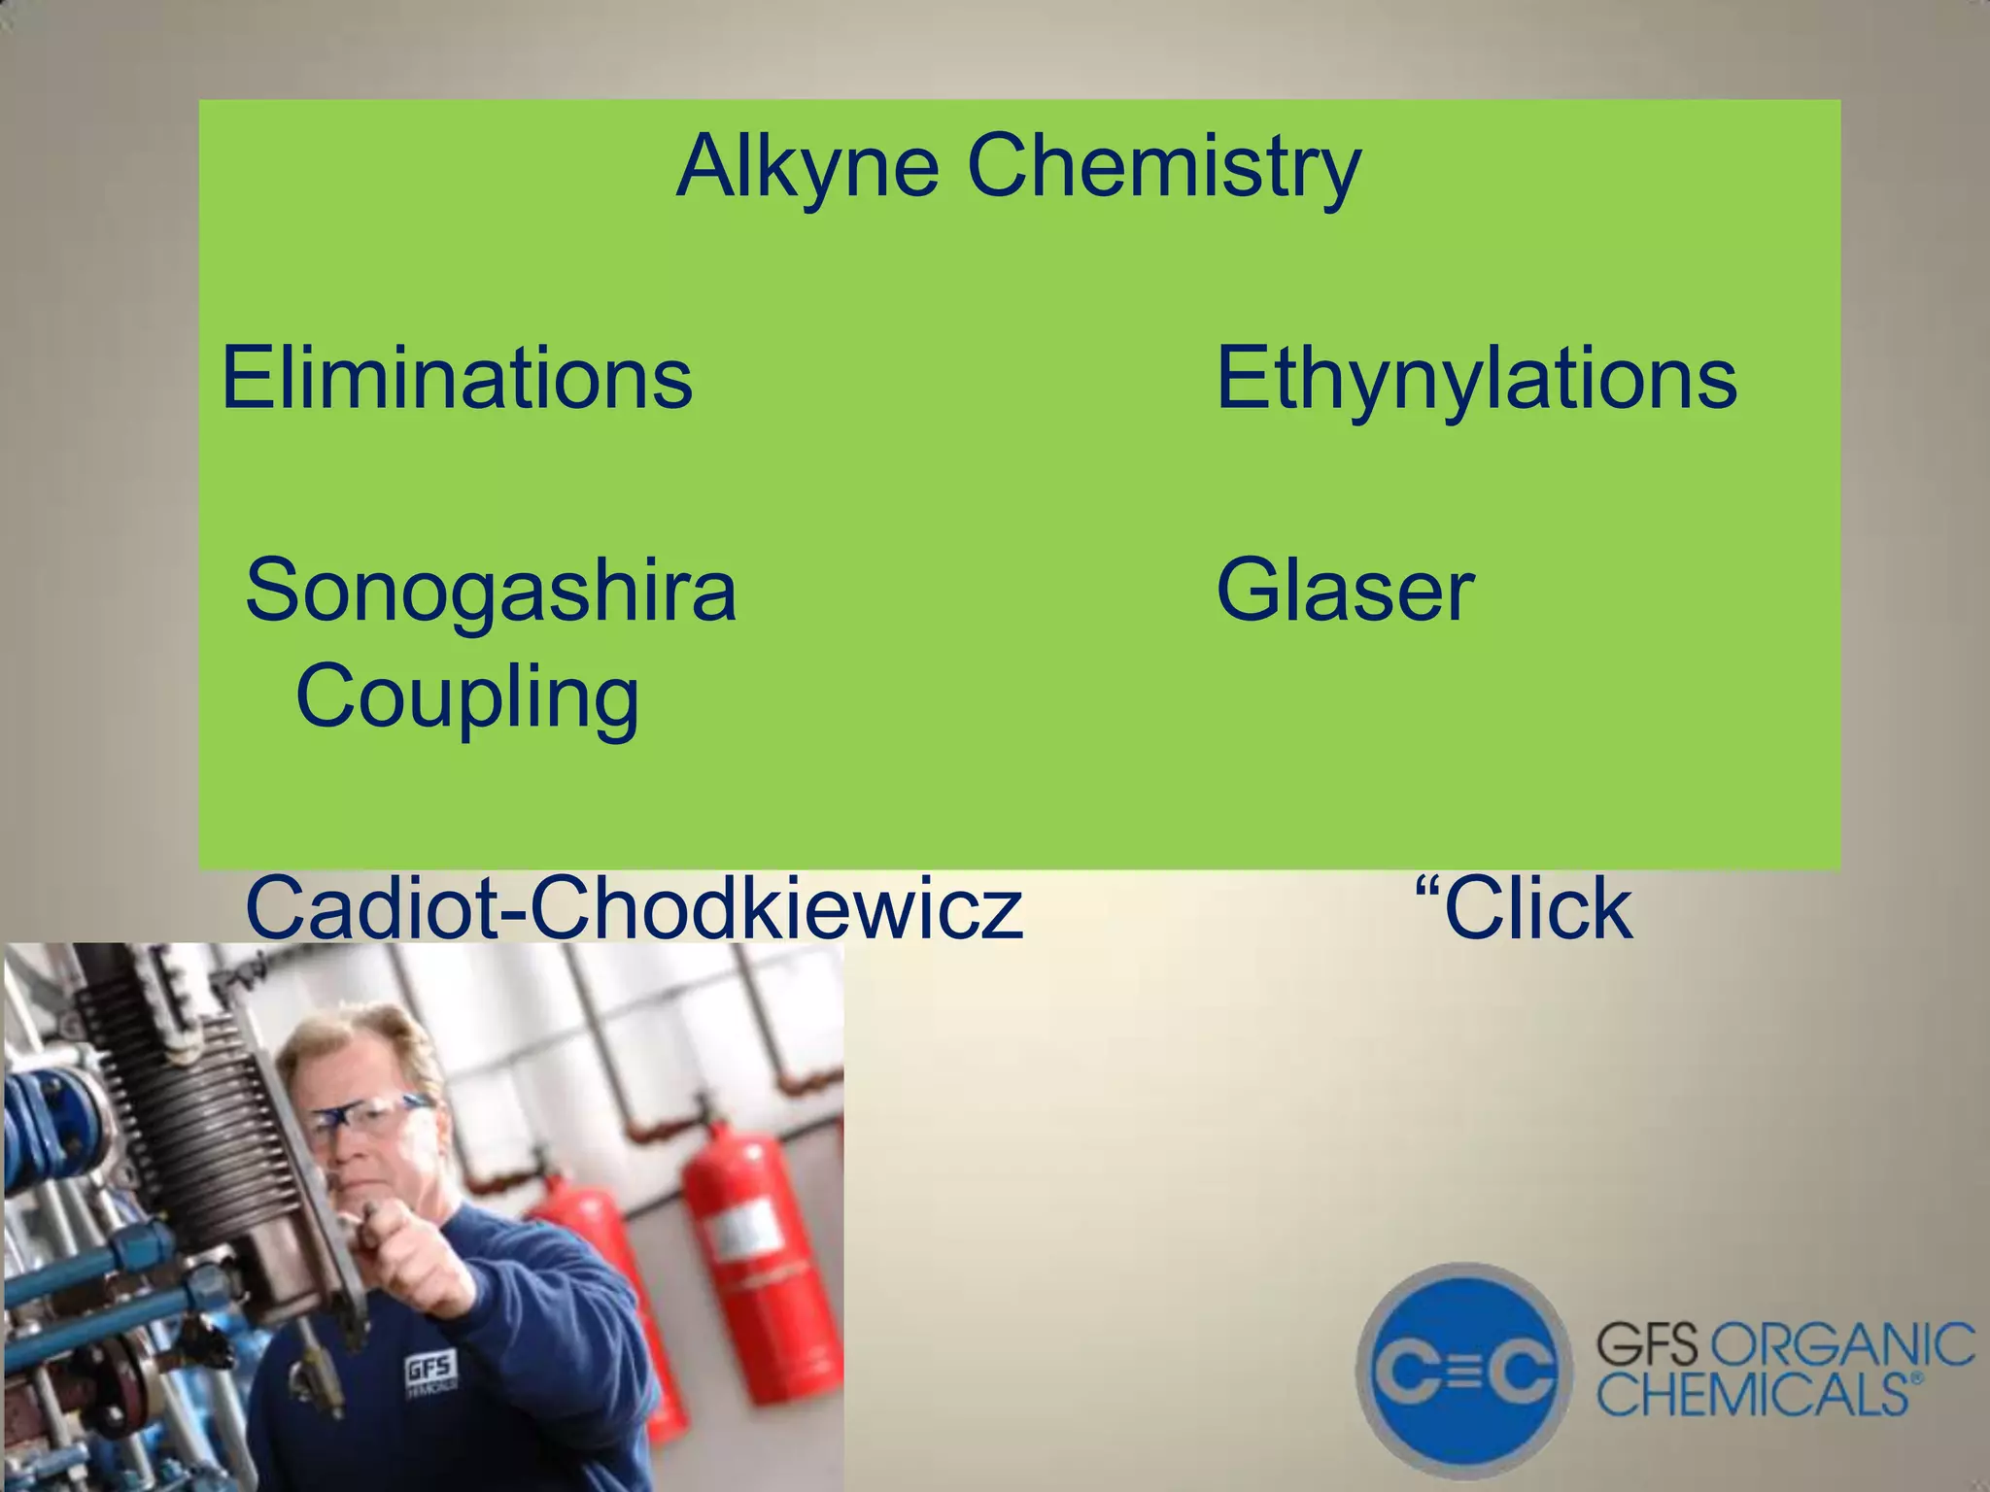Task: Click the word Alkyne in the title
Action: point(806,167)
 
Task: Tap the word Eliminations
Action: point(457,378)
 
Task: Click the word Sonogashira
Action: point(491,591)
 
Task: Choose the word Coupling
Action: point(467,697)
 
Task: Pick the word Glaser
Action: point(1345,591)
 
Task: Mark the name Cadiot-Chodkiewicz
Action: point(634,908)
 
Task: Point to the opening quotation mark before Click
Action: point(1425,888)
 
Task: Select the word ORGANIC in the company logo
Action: point(1840,1347)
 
